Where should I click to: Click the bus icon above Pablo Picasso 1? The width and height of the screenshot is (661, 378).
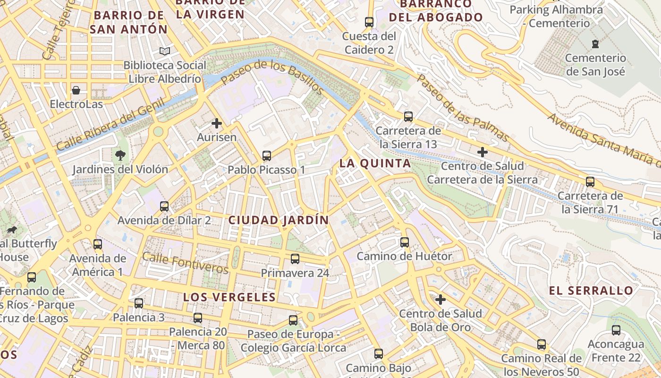click(x=267, y=155)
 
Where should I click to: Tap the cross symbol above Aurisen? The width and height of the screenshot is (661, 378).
click(x=217, y=123)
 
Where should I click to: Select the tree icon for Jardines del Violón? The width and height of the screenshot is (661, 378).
click(x=120, y=155)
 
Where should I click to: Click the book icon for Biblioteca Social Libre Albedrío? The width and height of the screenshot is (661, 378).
click(x=165, y=51)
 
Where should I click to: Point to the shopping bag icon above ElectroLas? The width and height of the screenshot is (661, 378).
click(x=76, y=90)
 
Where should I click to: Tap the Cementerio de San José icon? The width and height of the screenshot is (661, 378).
click(x=595, y=44)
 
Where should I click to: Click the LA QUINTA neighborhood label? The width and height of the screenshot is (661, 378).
click(x=375, y=163)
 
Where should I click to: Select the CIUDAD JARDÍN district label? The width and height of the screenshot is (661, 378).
click(x=279, y=220)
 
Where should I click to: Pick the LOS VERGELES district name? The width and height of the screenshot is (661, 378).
click(x=229, y=297)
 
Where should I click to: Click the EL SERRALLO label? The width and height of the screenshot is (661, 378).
click(x=591, y=291)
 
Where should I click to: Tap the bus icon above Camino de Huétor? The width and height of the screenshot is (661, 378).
click(x=405, y=242)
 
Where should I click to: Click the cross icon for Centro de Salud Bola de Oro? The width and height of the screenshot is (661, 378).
click(x=441, y=300)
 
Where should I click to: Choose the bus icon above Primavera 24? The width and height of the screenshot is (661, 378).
click(x=295, y=259)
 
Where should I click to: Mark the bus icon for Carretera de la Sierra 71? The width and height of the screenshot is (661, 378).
click(x=590, y=182)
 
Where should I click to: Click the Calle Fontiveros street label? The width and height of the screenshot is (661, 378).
click(x=185, y=263)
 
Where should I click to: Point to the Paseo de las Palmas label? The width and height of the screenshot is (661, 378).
click(x=463, y=108)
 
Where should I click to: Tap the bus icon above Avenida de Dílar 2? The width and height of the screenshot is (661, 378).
click(x=164, y=206)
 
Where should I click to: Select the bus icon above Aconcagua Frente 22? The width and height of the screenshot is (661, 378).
click(x=616, y=330)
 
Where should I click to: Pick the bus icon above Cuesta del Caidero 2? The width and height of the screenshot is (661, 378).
click(x=369, y=22)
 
